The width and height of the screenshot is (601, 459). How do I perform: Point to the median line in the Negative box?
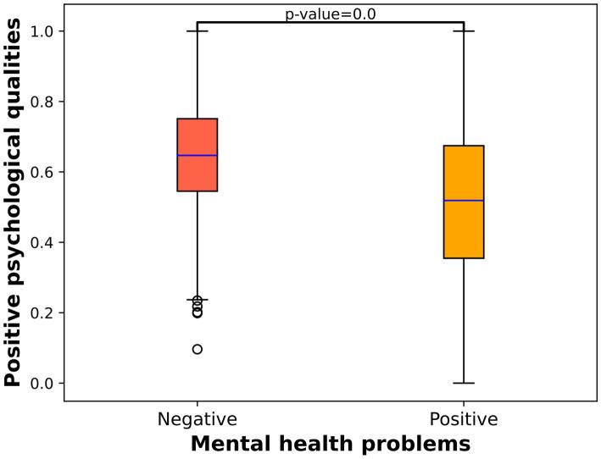pos(197,156)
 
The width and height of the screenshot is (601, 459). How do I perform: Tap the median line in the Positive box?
pos(464,201)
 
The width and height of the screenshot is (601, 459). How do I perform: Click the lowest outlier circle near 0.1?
pos(198,349)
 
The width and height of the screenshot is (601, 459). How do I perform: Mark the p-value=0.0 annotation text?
pos(330,14)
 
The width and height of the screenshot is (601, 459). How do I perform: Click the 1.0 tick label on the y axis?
pos(42,31)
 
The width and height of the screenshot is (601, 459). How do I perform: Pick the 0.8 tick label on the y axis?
pos(42,102)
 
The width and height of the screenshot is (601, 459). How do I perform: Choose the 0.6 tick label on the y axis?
pos(42,172)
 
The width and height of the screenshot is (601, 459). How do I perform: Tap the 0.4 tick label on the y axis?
pos(42,243)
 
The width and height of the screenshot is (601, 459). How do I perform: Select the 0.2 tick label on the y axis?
pos(42,313)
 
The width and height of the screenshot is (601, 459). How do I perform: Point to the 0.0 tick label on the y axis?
pos(42,384)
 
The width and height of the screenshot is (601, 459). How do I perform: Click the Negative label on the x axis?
pos(197,419)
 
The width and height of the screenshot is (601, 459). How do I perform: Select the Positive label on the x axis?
pos(464,419)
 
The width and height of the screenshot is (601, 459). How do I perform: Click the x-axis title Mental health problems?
pos(330,443)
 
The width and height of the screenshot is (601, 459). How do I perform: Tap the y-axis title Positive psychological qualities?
pos(14,204)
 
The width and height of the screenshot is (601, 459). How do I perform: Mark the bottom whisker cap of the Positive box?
pos(464,383)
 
